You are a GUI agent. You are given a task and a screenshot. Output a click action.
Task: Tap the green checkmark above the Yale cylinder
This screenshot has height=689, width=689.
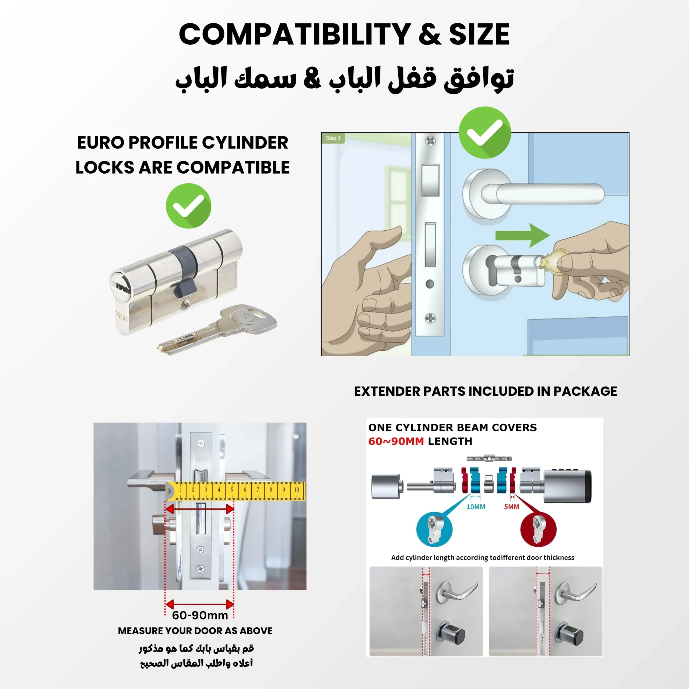click(188, 206)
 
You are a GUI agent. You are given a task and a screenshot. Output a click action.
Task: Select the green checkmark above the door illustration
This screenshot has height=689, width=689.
click(485, 132)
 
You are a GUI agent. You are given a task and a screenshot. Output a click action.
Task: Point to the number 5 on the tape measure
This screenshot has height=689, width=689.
click(232, 490)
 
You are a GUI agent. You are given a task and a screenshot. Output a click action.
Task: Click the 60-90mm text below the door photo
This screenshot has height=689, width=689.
click(200, 615)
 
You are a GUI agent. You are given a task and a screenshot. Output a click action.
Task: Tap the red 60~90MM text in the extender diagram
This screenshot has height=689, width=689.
click(396, 441)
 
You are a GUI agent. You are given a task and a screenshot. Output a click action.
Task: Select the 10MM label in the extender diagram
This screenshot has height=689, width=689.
click(476, 507)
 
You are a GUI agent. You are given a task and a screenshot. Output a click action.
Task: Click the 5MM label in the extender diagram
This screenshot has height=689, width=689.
click(511, 507)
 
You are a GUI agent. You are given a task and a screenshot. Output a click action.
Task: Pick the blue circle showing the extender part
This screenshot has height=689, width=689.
click(434, 530)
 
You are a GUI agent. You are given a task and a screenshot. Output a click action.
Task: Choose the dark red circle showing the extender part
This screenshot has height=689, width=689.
click(538, 530)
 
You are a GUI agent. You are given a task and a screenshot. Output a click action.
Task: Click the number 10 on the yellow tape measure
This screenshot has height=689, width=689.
click(296, 490)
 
